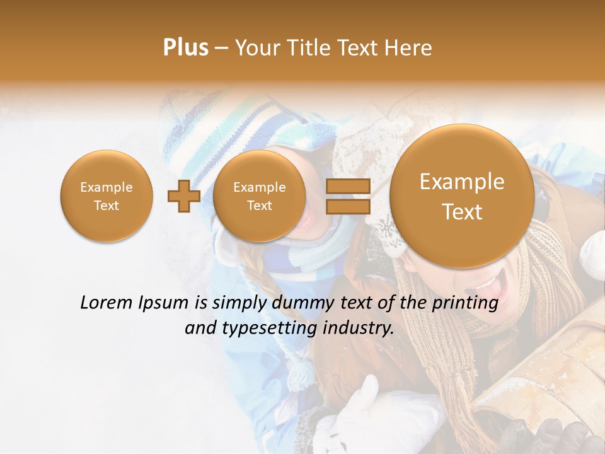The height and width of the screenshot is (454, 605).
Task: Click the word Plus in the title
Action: [x=185, y=48]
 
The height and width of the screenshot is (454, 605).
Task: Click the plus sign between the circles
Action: [x=183, y=196]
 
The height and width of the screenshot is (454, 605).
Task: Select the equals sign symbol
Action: [x=348, y=196]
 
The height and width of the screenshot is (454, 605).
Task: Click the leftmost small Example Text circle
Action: [x=106, y=195]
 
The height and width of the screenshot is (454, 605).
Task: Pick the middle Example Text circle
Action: [x=259, y=195]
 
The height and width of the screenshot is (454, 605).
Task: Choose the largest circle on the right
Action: [x=462, y=196]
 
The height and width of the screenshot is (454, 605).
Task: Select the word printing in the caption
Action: [x=465, y=303]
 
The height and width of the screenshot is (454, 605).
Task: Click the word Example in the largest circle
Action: [x=462, y=182]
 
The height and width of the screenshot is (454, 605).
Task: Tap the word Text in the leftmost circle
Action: [x=106, y=206]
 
